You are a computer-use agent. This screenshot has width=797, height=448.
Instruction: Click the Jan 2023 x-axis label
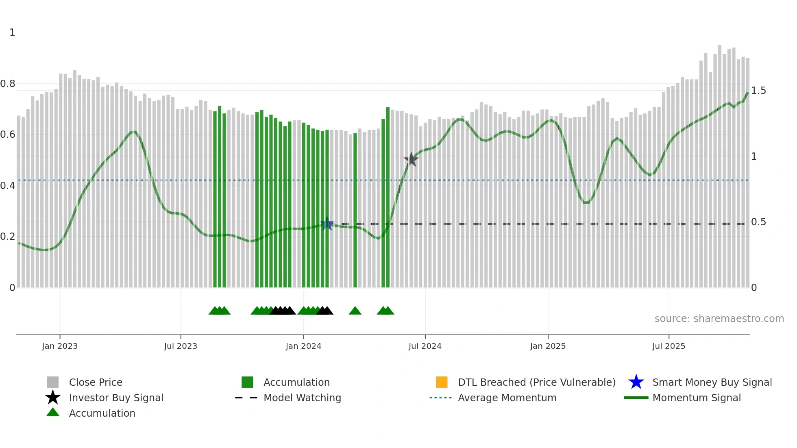click(x=59, y=346)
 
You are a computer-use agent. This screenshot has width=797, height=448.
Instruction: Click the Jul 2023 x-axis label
click(x=181, y=346)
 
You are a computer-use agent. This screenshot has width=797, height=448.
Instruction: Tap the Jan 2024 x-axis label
click(x=303, y=346)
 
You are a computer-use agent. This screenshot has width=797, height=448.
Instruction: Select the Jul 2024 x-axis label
click(x=425, y=346)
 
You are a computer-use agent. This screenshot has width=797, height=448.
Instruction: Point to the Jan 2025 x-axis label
click(x=548, y=346)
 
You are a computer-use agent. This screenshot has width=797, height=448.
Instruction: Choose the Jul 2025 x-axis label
click(x=669, y=346)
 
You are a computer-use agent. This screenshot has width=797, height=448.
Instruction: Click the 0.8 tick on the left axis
click(x=8, y=84)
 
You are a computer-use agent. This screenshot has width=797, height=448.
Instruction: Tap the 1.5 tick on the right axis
click(x=758, y=91)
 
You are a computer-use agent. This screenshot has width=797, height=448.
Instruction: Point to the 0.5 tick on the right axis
click(x=758, y=222)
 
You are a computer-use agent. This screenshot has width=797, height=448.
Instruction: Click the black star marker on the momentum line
click(x=411, y=159)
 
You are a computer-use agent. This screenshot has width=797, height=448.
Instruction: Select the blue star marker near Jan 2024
click(x=327, y=224)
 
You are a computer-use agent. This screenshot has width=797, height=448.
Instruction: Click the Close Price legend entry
click(x=96, y=383)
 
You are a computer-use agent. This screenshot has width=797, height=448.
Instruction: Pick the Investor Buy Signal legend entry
click(x=116, y=398)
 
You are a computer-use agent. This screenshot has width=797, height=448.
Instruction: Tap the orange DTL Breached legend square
click(x=442, y=382)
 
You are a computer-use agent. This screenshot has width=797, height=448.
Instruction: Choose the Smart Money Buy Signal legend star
click(x=636, y=382)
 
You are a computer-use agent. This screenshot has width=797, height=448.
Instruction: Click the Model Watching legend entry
click(x=302, y=398)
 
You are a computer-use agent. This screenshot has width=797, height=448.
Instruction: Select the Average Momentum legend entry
click(x=507, y=398)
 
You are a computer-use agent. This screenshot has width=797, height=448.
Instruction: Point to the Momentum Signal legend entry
click(x=697, y=398)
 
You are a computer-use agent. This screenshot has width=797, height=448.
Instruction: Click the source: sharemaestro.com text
click(x=719, y=319)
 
